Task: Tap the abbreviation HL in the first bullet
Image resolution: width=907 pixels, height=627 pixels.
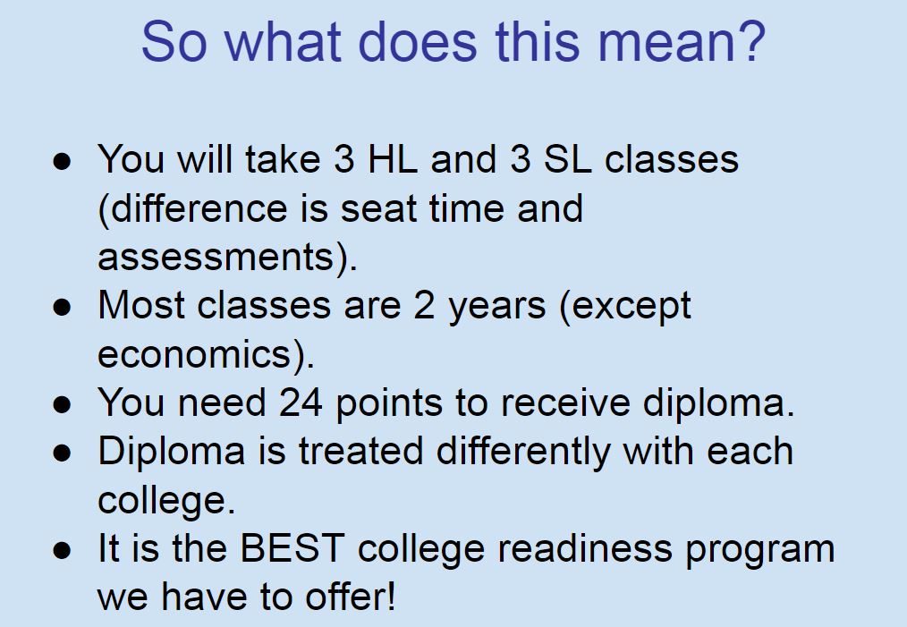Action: [x=393, y=158]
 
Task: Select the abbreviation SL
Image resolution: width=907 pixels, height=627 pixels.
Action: [x=567, y=158]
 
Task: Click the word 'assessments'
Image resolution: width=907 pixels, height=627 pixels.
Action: [x=216, y=258]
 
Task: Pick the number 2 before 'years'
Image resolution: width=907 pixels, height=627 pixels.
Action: [x=423, y=305]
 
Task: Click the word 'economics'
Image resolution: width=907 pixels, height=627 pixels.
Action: [x=194, y=354]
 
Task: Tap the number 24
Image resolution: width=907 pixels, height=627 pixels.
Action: [x=301, y=402]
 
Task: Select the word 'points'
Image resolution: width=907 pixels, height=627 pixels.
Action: [x=389, y=403]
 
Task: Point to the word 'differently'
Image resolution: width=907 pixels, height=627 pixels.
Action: [x=523, y=453]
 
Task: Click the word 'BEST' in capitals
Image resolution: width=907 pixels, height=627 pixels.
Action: [x=292, y=547]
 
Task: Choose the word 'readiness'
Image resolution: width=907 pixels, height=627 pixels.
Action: [x=585, y=549]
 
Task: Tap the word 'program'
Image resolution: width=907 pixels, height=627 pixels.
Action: [x=760, y=551]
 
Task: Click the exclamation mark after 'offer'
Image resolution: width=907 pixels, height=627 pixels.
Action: [x=392, y=596]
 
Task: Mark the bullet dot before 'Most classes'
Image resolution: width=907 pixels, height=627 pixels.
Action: [x=62, y=307]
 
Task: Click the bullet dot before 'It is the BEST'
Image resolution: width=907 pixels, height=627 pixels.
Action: [x=62, y=549]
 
